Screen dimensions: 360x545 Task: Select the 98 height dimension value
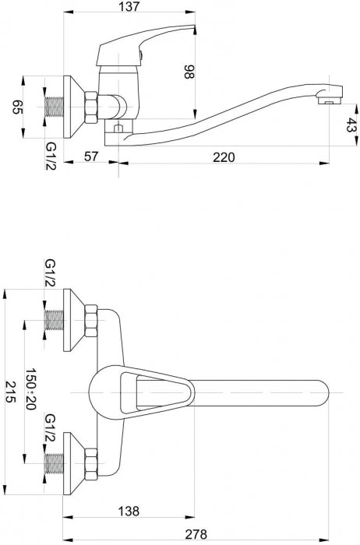(x=189, y=72)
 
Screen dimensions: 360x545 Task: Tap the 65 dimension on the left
(x=17, y=107)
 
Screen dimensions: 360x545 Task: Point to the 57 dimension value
(x=91, y=156)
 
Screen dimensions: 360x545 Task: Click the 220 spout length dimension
(x=224, y=157)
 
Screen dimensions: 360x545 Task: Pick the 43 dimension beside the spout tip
(x=351, y=125)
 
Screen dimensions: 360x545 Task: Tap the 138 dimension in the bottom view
(x=129, y=511)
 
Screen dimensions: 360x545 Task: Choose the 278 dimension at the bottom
(x=196, y=533)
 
